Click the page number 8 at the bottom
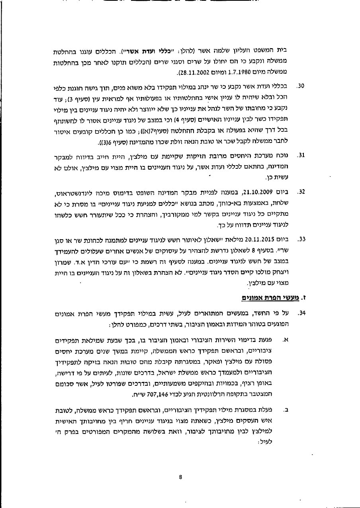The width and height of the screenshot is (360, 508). tap(180, 477)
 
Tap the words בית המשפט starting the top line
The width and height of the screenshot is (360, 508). tap(276, 51)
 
